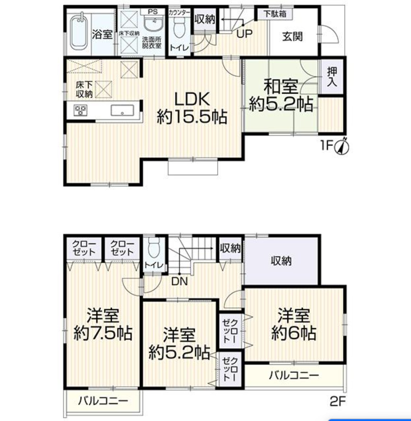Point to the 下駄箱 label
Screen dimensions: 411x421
click(275, 14)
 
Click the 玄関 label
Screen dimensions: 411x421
click(292, 37)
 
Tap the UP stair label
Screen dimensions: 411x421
click(244, 34)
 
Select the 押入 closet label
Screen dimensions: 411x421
click(332, 76)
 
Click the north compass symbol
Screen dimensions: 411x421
click(342, 146)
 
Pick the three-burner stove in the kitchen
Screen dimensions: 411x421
click(80, 110)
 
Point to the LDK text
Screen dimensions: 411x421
click(192, 99)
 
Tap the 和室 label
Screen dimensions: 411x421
click(281, 86)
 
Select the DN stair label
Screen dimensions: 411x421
click(179, 281)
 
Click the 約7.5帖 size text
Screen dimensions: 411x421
click(103, 333)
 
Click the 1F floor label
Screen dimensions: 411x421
click(327, 146)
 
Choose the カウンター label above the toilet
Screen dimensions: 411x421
click(179, 13)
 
